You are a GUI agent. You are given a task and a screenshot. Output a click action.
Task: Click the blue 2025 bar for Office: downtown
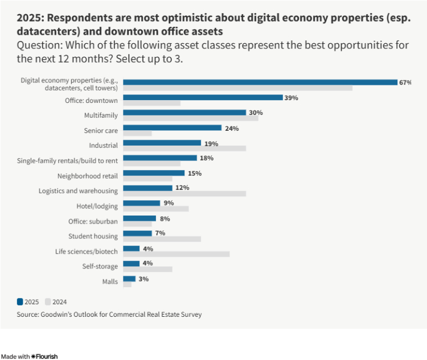(x=203, y=97)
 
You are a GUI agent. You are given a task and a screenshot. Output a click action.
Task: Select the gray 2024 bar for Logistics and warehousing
(x=184, y=193)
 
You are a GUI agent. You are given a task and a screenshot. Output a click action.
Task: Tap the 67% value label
(x=405, y=82)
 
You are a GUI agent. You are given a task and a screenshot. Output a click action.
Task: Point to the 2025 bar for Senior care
(x=172, y=128)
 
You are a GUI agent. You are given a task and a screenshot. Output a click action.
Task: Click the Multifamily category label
(x=101, y=115)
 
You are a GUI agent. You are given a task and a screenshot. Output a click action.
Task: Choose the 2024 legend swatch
(x=48, y=302)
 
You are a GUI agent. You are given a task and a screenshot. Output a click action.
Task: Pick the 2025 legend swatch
(x=20, y=302)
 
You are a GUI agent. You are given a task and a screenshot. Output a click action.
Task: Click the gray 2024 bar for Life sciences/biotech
(x=176, y=254)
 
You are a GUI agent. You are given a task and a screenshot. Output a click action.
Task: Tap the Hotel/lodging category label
(x=97, y=206)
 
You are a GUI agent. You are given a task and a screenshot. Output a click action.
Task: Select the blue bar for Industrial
(x=162, y=143)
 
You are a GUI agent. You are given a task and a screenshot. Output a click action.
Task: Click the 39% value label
(x=291, y=98)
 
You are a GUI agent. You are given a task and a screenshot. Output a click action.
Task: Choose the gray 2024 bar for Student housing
(x=162, y=239)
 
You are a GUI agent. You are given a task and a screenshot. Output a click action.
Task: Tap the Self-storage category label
(x=100, y=266)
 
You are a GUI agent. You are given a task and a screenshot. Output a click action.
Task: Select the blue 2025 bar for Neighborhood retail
(x=154, y=173)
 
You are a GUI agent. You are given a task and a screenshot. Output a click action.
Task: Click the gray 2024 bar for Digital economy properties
(x=237, y=88)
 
